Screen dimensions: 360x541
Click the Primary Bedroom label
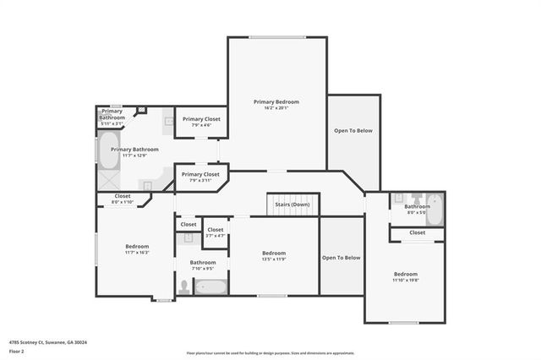(276, 101)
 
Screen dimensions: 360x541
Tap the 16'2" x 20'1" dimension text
(276, 108)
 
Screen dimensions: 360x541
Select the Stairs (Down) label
(292, 205)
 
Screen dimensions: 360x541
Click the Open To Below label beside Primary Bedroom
(352, 130)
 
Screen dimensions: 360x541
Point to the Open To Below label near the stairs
(341, 257)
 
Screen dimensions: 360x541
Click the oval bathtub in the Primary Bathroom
(109, 152)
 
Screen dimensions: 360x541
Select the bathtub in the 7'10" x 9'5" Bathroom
(211, 286)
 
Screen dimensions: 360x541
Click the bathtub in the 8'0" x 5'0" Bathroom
(434, 209)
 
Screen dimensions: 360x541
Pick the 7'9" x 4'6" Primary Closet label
(200, 119)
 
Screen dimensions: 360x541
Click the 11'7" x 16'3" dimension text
(137, 253)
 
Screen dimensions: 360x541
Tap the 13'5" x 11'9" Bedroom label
(274, 253)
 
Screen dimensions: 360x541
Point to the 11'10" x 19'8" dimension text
(405, 280)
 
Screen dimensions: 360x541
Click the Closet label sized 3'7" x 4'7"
(216, 229)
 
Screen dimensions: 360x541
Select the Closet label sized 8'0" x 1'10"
(123, 199)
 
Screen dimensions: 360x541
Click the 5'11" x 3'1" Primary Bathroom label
(112, 114)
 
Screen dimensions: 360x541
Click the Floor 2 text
(17, 350)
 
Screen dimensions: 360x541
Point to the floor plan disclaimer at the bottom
(270, 352)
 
